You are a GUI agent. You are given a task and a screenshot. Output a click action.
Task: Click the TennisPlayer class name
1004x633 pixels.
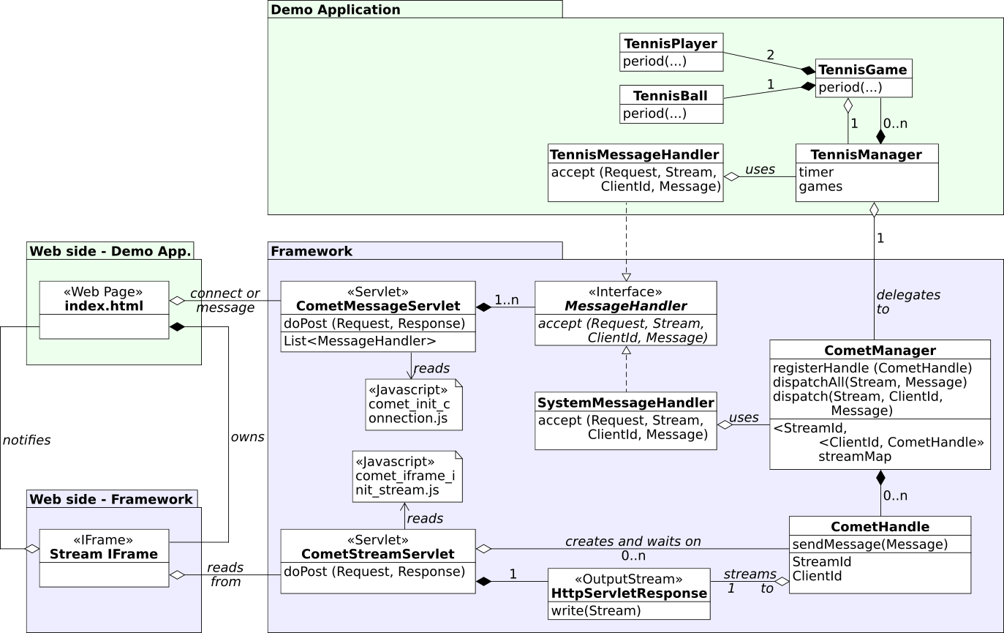(x=671, y=44)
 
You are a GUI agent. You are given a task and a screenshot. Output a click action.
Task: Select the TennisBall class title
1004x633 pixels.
(x=671, y=96)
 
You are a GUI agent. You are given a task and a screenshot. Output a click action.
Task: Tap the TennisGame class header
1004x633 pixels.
(x=863, y=70)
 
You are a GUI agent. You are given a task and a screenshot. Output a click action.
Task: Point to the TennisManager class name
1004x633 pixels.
(x=867, y=154)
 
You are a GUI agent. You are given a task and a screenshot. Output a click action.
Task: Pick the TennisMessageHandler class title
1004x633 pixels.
(x=634, y=154)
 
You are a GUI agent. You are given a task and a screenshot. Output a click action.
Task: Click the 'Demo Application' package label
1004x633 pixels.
(x=336, y=10)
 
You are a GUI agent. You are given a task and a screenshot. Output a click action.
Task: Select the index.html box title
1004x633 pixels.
(x=104, y=305)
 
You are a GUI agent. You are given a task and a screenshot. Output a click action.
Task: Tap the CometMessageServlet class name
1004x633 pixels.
(x=377, y=305)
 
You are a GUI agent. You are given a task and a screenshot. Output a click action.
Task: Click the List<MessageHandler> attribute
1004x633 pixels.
(x=360, y=340)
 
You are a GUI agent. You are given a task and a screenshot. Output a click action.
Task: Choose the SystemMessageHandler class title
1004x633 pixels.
(x=625, y=402)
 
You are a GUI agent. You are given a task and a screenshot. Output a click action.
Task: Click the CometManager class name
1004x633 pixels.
(x=880, y=351)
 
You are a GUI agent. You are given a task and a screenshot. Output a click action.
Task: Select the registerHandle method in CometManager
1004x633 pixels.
(x=872, y=367)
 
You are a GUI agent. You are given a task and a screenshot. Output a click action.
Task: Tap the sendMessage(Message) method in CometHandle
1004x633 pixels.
(x=870, y=544)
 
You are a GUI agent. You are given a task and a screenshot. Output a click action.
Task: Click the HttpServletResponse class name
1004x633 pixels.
(x=629, y=593)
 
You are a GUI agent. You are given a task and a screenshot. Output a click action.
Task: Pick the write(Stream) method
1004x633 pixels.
(x=596, y=610)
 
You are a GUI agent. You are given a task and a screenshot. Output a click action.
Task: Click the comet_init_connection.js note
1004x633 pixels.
(x=414, y=404)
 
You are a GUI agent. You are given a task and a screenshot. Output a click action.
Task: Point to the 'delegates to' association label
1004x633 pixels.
(x=907, y=301)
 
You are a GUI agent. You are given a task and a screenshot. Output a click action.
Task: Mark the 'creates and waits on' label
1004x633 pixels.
(x=633, y=542)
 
